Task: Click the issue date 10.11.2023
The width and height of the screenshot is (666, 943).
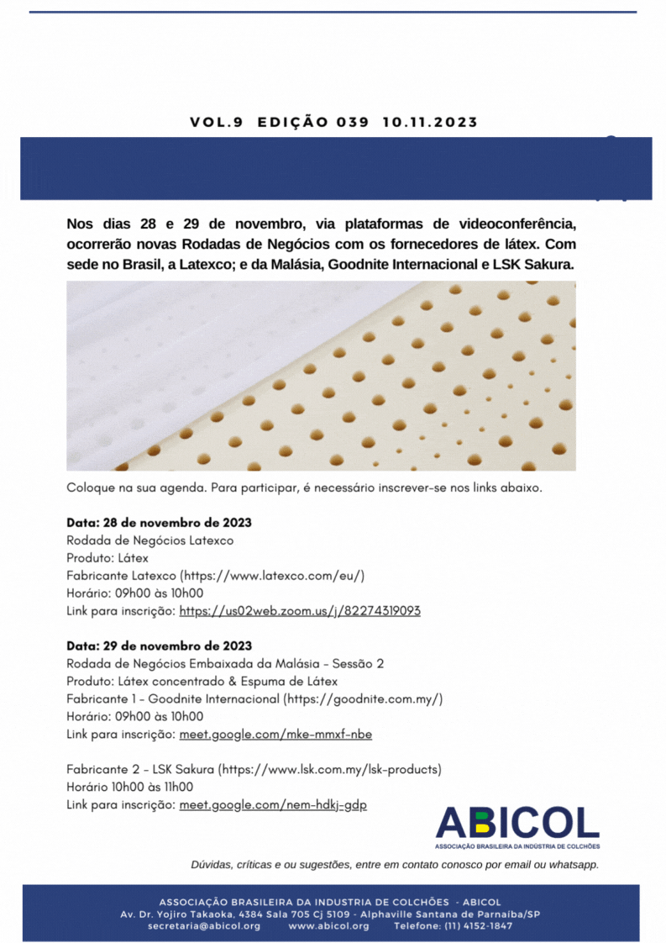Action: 429,122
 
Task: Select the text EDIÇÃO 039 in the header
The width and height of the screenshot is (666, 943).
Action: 312,122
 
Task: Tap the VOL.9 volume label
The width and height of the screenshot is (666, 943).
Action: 216,122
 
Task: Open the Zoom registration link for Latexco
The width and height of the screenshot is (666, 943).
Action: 300,611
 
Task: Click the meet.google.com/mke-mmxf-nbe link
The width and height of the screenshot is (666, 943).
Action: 275,734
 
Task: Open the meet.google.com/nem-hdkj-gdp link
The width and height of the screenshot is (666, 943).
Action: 273,804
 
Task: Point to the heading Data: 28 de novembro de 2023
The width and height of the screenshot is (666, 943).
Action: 159,523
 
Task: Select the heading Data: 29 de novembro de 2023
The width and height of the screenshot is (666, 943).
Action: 159,645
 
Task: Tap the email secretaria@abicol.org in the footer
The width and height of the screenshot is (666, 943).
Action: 204,925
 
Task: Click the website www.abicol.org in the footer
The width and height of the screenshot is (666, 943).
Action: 328,925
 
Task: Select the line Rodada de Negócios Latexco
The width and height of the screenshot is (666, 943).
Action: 149,540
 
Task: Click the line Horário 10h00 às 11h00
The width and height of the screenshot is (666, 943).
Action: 129,787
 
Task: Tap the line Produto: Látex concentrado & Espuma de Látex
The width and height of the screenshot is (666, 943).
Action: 202,681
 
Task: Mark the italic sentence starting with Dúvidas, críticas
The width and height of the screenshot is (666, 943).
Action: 395,864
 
